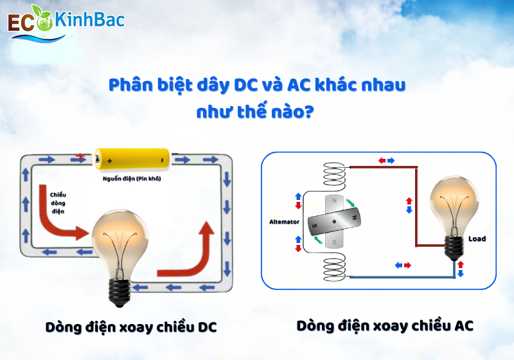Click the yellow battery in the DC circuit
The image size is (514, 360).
132,158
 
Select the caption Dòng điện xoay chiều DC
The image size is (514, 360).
131,327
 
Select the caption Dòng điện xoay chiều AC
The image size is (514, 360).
385,325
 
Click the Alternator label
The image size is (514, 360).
285,222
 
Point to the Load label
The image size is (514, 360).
477,239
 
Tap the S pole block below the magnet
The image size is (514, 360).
335,241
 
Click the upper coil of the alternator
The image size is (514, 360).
335,173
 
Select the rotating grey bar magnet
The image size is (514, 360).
335,222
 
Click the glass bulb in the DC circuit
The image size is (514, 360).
121,237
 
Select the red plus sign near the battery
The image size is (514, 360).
80,156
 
